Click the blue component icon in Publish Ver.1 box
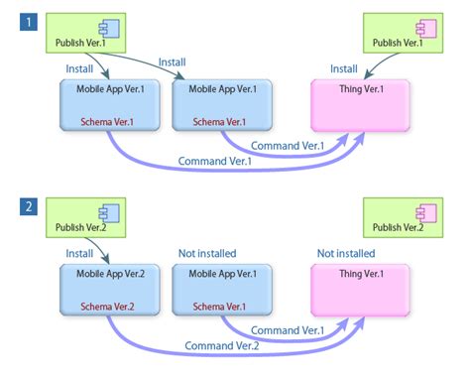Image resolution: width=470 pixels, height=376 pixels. click(x=101, y=28)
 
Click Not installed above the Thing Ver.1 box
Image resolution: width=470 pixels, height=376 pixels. click(x=346, y=253)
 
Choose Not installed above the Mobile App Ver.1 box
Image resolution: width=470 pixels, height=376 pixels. click(x=207, y=253)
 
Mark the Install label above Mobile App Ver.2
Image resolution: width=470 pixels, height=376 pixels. click(x=79, y=253)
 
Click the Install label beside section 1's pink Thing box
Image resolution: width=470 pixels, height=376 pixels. click(x=343, y=68)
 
